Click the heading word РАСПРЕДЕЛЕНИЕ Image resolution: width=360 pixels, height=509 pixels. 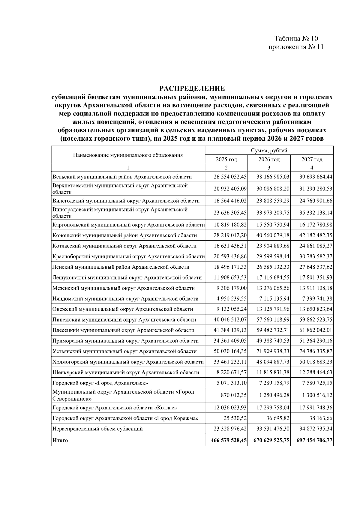coord(192,88)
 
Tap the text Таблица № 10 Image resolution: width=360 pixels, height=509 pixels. coord(296,38)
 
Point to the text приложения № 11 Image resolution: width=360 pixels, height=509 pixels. coord(296,47)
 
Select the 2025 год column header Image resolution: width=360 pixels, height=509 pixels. coord(226,159)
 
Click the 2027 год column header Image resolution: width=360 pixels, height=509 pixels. coord(312,159)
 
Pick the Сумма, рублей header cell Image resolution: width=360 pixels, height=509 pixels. coord(269,151)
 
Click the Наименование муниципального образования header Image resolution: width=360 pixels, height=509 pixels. coord(128,155)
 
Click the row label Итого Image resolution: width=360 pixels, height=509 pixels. coord(60,440)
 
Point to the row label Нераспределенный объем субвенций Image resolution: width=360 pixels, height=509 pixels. coord(97,429)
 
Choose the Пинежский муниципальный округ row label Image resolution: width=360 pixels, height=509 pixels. coord(124,320)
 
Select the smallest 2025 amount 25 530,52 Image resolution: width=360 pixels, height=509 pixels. coord(235,418)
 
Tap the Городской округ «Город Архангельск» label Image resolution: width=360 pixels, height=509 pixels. coord(100,383)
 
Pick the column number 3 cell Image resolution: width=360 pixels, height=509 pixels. coord(269,168)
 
